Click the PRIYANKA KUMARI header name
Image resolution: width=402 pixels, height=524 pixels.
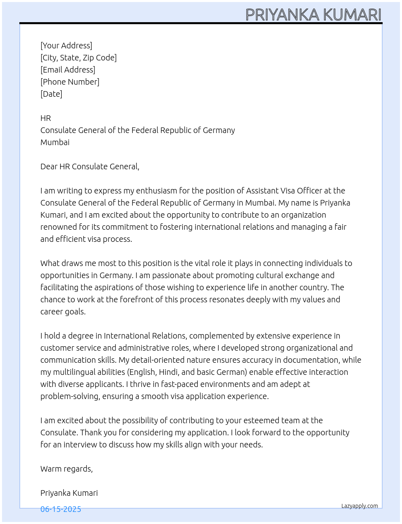click(x=313, y=15)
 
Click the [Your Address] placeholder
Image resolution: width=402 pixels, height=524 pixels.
click(x=66, y=46)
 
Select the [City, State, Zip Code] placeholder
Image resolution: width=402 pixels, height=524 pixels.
click(x=78, y=58)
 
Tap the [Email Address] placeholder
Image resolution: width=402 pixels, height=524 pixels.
click(x=68, y=70)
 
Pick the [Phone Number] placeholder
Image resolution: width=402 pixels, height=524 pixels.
click(x=70, y=82)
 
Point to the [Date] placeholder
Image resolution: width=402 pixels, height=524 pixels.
click(x=51, y=94)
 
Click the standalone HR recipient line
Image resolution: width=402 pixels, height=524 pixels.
click(x=46, y=118)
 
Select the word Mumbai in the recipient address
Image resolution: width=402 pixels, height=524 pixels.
click(x=55, y=142)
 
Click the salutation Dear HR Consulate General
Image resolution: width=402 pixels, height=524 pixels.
click(x=90, y=166)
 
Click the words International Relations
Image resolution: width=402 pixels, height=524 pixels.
click(x=145, y=336)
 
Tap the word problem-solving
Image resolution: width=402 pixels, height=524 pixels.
click(x=69, y=396)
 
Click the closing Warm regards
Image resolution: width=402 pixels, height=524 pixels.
click(x=66, y=469)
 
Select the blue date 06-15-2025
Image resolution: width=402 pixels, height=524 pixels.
click(x=61, y=509)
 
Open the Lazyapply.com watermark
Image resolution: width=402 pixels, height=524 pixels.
click(x=360, y=506)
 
